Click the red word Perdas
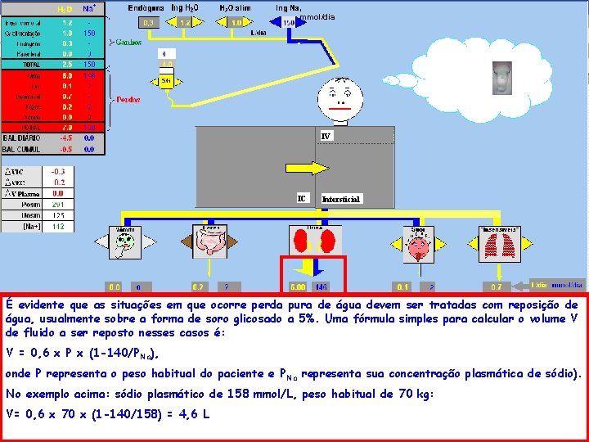pos(128,99)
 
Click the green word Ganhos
pos(129,41)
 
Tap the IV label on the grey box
pos(326,135)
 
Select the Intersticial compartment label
pos(340,199)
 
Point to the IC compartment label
pos(302,198)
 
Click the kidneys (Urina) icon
pos(313,241)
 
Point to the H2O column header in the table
pos(65,8)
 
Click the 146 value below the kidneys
pos(321,287)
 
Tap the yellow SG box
pos(166,80)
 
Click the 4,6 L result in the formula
pos(196,414)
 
